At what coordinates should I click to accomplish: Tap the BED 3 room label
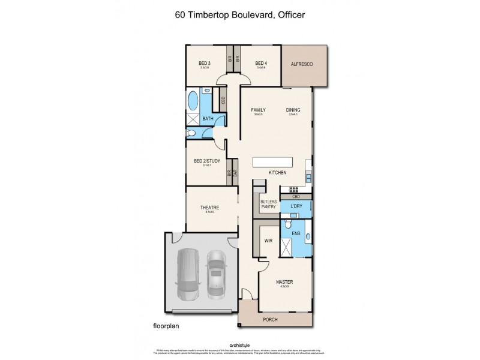205,64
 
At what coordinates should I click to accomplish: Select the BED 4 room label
261,64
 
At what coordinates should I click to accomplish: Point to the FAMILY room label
259,110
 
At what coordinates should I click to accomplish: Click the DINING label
293,110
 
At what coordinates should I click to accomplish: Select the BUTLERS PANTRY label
267,205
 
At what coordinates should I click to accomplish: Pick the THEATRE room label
209,208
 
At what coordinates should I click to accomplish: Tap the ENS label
295,233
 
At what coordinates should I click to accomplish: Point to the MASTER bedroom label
284,282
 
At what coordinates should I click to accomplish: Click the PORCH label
271,320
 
